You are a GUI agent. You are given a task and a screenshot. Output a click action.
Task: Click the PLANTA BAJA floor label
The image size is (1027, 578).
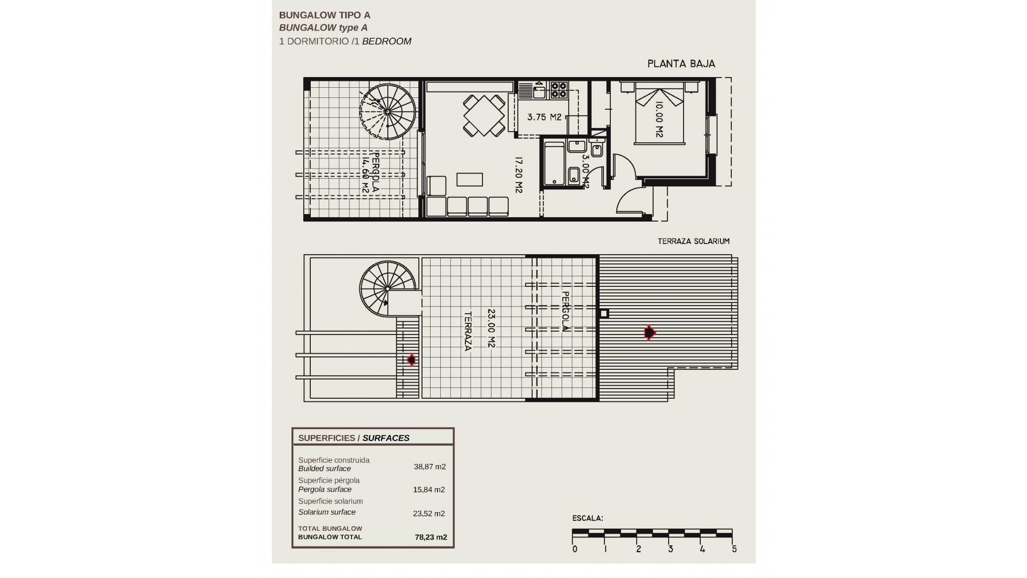[681, 64]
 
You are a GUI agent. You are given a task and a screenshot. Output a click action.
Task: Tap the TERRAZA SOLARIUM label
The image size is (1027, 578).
[693, 241]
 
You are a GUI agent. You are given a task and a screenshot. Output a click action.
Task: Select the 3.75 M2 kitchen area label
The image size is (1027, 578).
[544, 117]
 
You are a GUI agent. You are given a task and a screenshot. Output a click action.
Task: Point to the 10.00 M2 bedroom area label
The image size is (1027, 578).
[659, 120]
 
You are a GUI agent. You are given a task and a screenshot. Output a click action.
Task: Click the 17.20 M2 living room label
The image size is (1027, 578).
[518, 175]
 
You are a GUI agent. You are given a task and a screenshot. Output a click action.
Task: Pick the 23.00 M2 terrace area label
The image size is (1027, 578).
[492, 328]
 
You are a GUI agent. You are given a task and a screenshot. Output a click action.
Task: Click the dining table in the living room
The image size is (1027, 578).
[484, 116]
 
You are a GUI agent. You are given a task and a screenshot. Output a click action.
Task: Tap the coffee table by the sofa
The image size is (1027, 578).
[470, 179]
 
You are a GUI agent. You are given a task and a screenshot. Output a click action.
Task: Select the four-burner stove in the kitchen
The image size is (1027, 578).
[558, 89]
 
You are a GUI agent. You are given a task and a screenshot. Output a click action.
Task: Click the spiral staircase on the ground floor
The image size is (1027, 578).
[388, 111]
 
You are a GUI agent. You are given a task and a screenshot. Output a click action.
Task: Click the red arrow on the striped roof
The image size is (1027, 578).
[649, 333]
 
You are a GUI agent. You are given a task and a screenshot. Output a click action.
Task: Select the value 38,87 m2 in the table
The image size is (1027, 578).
[430, 467]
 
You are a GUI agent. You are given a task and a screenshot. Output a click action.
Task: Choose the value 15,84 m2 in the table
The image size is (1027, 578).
[428, 490]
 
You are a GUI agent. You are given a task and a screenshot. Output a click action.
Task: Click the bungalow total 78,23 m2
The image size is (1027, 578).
[431, 537]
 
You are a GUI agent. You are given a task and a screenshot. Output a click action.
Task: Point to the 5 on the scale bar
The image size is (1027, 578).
[734, 549]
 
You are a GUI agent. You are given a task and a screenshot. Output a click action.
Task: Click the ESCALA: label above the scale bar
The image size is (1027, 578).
[587, 518]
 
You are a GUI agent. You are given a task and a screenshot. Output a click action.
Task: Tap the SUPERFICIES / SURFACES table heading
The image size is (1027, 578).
[354, 438]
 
